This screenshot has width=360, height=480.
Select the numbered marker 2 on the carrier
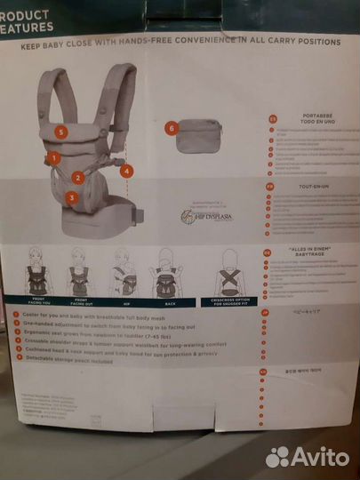(78, 177)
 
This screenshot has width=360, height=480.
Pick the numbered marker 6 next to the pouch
(172, 128)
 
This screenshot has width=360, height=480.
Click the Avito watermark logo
(307, 456)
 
